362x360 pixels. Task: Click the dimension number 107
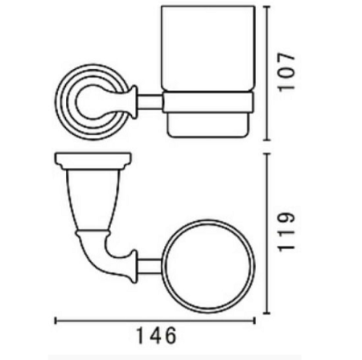pos(286,72)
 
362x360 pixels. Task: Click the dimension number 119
pos(286,232)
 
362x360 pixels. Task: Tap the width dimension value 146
pos(157,335)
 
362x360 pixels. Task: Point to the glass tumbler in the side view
pos(208,49)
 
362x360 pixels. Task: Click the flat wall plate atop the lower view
pos(93,162)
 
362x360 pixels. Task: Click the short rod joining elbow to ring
pos(149,266)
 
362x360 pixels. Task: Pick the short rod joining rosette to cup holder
pos(150,102)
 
